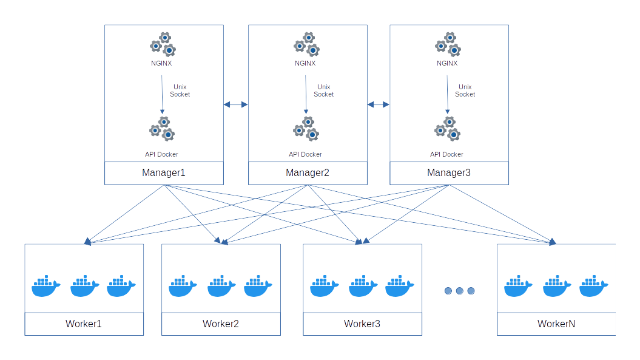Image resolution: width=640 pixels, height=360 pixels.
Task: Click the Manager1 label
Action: pos(164,173)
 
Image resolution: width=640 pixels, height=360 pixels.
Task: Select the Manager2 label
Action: pos(308,173)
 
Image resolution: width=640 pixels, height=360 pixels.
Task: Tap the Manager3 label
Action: pos(449,173)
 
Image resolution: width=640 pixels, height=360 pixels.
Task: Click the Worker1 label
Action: pos(84,324)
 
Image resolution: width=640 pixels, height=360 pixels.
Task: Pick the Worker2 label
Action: pos(221,324)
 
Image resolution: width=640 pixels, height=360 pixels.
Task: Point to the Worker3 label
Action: pos(362,324)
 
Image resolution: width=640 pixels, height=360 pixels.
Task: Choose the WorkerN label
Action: pos(556,324)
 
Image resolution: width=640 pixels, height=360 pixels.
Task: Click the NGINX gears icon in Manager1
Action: pos(163,45)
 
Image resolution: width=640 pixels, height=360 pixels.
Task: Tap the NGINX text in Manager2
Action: pos(305,63)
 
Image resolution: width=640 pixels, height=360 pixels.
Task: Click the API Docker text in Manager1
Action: pos(161,154)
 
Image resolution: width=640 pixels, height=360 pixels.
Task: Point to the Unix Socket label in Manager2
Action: pos(324,90)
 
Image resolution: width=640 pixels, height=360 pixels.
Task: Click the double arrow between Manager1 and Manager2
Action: pos(236,104)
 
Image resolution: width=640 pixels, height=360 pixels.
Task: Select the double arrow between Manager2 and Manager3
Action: pos(378,104)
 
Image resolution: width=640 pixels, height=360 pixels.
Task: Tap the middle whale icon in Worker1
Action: pos(84,287)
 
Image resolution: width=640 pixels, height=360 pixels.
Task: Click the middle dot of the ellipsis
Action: pos(459,291)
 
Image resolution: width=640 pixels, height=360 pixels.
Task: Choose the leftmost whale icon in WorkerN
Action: pos(519,287)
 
